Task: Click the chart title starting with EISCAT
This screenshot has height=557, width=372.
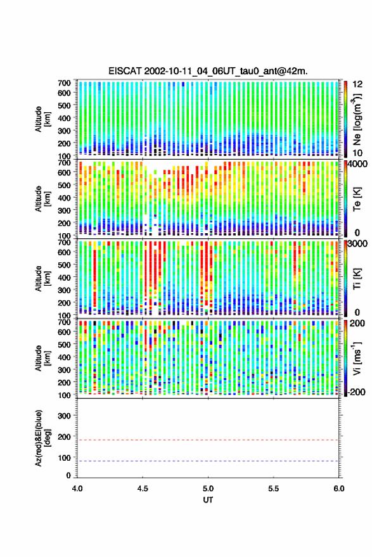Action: (208, 71)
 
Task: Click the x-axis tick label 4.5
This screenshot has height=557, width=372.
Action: (143, 489)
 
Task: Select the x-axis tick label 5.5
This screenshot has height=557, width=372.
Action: (273, 489)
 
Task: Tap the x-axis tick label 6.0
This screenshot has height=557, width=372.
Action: (338, 489)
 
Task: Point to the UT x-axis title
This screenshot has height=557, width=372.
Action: (208, 500)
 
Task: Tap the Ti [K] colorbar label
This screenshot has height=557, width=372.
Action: (357, 279)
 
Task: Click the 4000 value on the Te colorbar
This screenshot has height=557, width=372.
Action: (357, 165)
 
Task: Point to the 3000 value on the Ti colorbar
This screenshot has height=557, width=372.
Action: (357, 244)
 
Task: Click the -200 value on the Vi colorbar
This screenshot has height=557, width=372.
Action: (357, 392)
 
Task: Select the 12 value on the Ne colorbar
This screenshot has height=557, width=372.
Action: (357, 84)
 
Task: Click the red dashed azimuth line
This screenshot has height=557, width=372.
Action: (208, 440)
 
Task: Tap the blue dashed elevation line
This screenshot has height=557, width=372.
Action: (208, 461)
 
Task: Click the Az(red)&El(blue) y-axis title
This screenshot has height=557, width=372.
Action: (42, 438)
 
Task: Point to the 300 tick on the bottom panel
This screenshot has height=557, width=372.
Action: (65, 416)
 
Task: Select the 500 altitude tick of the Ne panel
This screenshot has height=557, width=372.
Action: (64, 105)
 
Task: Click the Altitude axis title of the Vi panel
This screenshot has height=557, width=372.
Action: (42, 358)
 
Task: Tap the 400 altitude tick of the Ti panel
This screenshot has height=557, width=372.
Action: (64, 278)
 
